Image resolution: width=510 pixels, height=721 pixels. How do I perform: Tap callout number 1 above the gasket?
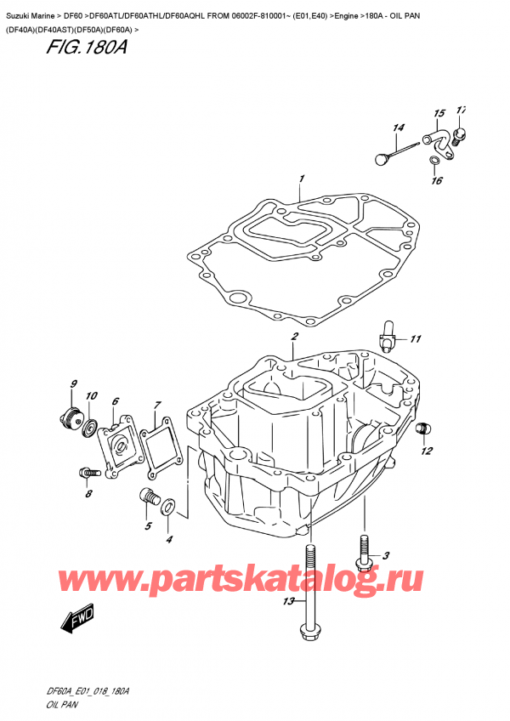click(x=301, y=179)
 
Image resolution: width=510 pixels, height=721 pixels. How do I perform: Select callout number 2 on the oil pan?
click(x=293, y=337)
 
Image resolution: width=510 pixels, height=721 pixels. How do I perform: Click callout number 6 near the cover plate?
click(x=116, y=401)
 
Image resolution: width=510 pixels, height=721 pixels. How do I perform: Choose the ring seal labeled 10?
click(x=88, y=423)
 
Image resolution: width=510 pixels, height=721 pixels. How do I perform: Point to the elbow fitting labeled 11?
click(x=388, y=331)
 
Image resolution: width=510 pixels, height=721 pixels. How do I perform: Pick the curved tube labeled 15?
click(x=437, y=136)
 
